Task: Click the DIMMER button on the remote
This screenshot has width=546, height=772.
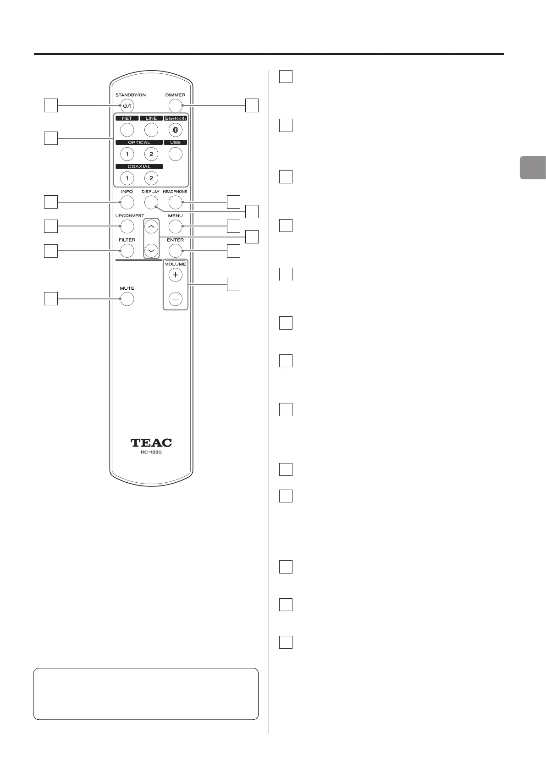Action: pyautogui.click(x=175, y=106)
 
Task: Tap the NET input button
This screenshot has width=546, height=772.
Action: pyautogui.click(x=127, y=130)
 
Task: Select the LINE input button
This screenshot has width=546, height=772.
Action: pyautogui.click(x=151, y=130)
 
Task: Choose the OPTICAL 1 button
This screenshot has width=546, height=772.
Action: pyautogui.click(x=127, y=154)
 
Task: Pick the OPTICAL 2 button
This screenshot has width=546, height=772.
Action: pyautogui.click(x=151, y=154)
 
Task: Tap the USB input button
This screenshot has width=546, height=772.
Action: pyautogui.click(x=175, y=154)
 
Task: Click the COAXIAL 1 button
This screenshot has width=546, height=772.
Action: pyautogui.click(x=127, y=178)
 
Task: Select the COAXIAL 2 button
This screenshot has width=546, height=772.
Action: pyautogui.click(x=151, y=178)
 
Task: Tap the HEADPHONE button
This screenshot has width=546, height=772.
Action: pyautogui.click(x=175, y=202)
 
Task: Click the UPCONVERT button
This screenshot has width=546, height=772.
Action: pyautogui.click(x=127, y=226)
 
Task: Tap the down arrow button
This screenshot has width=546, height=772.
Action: pyautogui.click(x=151, y=251)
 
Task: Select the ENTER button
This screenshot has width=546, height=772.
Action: pyautogui.click(x=175, y=251)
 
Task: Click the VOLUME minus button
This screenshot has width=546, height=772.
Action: pyautogui.click(x=175, y=299)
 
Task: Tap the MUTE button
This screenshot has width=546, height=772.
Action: pyautogui.click(x=127, y=299)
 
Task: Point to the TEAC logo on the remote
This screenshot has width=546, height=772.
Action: pyautogui.click(x=151, y=442)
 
